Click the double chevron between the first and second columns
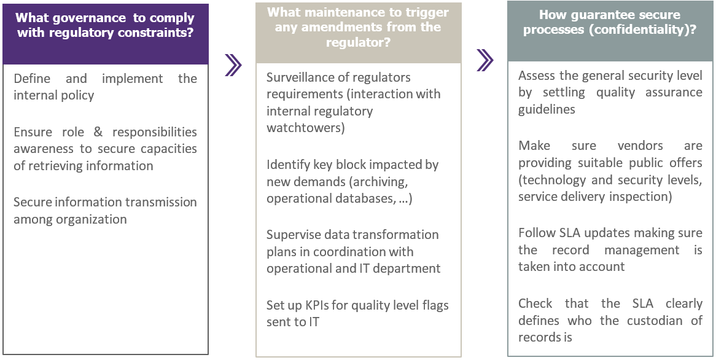233,65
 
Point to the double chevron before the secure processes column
485,60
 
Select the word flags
434,305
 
